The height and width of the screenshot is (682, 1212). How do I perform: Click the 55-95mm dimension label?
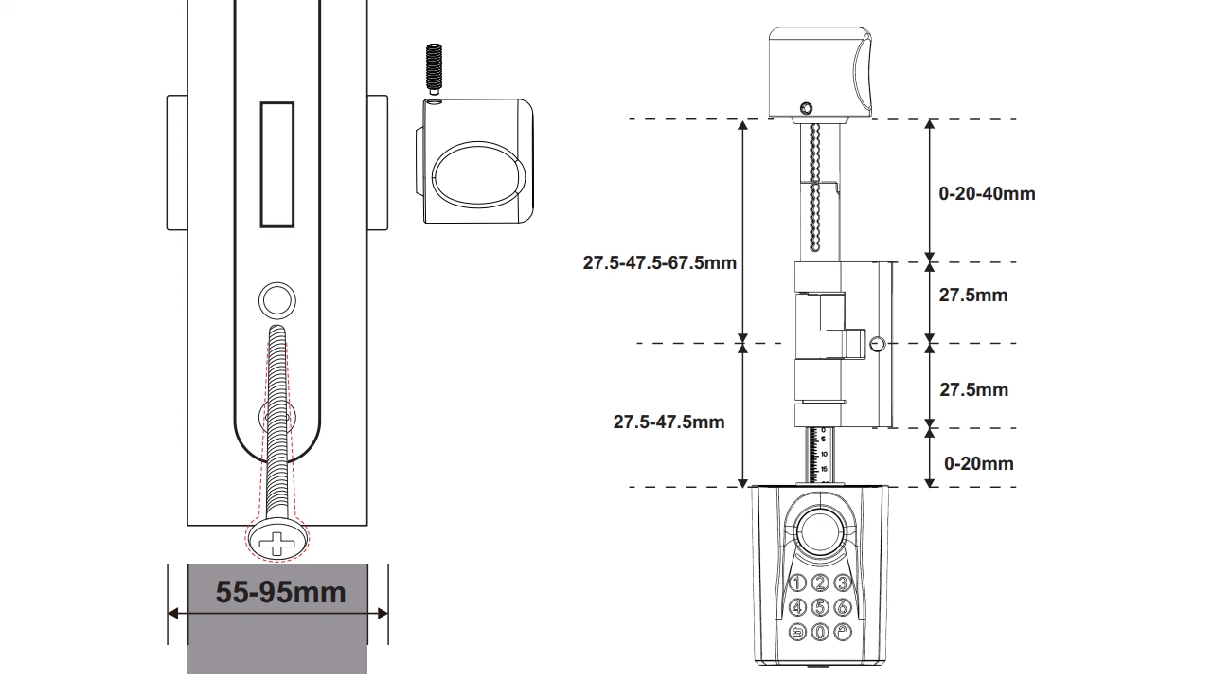(280, 592)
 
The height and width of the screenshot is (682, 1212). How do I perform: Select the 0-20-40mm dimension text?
(987, 194)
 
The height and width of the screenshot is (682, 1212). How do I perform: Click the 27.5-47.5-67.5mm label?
(660, 263)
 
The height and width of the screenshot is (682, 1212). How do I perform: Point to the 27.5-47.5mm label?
(668, 422)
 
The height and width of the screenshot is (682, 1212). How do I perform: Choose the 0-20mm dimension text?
(979, 463)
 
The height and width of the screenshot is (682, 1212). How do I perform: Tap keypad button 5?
(820, 607)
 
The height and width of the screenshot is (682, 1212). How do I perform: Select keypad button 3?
(842, 583)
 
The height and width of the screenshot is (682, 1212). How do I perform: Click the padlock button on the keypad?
(843, 632)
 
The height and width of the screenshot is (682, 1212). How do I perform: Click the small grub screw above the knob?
(434, 68)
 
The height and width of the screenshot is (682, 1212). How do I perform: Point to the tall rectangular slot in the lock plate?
(277, 165)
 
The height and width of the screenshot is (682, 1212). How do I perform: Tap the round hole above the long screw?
(277, 300)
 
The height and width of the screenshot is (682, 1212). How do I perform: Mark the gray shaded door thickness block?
(277, 619)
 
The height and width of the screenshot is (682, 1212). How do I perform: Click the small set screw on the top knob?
(806, 108)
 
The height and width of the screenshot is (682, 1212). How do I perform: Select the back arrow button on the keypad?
(797, 632)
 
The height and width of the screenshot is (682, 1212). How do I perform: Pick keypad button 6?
(842, 607)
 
